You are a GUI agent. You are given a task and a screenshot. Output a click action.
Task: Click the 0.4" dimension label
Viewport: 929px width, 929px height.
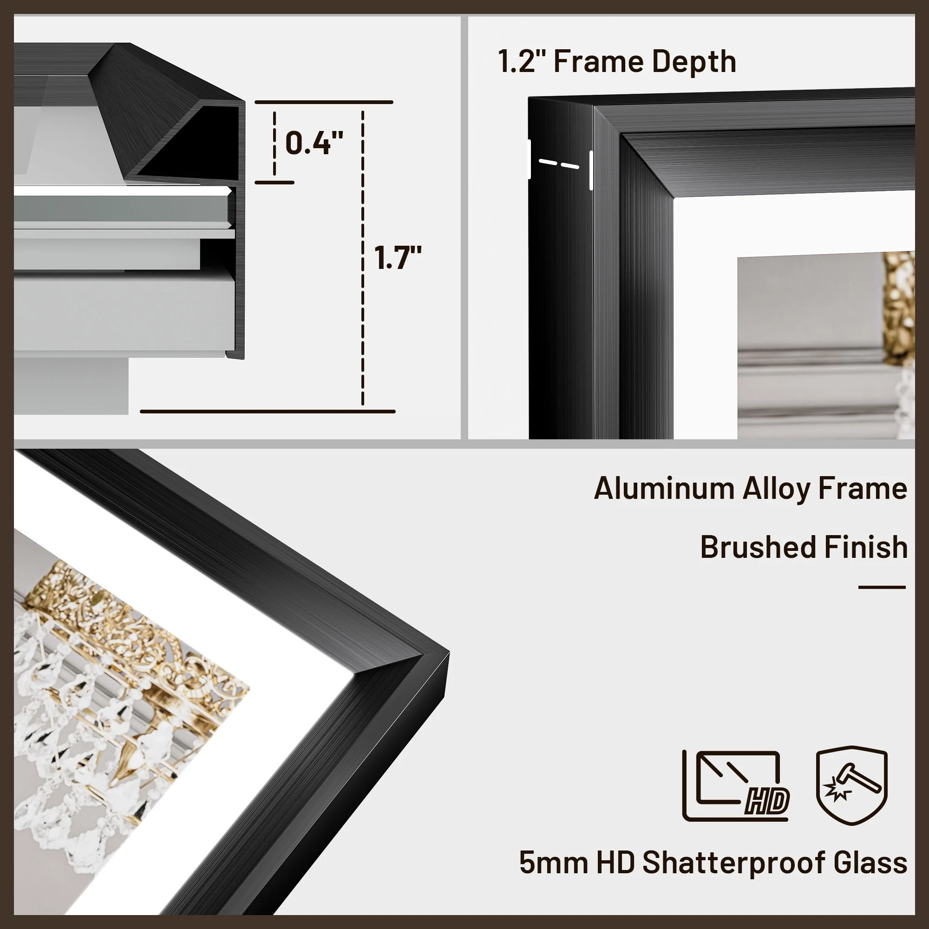pos(314,143)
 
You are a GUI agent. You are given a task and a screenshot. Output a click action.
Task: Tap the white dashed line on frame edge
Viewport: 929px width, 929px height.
pos(559,164)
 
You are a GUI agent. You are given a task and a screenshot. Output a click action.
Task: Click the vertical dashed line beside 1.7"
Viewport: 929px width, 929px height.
pos(363,257)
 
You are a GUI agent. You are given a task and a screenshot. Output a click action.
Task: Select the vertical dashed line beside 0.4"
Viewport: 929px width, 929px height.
pos(275,143)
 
